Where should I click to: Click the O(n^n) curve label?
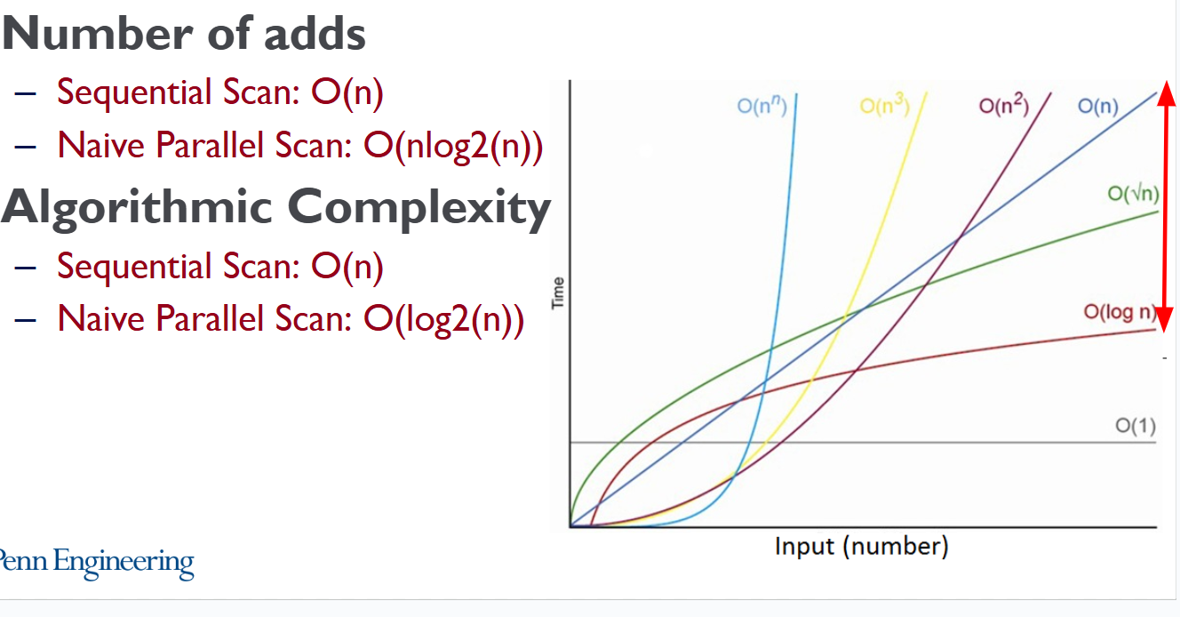(x=761, y=106)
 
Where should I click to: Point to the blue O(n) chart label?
(x=1098, y=107)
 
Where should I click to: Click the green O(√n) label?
(x=1133, y=194)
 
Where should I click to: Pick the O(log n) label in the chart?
(x=1120, y=312)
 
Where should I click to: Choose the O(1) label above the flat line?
(x=1136, y=426)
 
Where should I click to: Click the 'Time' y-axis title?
(x=558, y=293)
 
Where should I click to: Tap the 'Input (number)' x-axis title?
(x=861, y=547)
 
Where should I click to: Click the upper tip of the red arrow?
(x=1166, y=82)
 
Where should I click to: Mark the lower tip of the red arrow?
(x=1166, y=332)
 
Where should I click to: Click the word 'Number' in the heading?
(x=99, y=34)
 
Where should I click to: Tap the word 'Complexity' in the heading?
(x=419, y=209)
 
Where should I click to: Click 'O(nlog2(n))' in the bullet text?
(x=453, y=146)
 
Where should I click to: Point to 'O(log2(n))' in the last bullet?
(x=443, y=320)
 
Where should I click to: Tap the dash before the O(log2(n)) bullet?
(x=25, y=319)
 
